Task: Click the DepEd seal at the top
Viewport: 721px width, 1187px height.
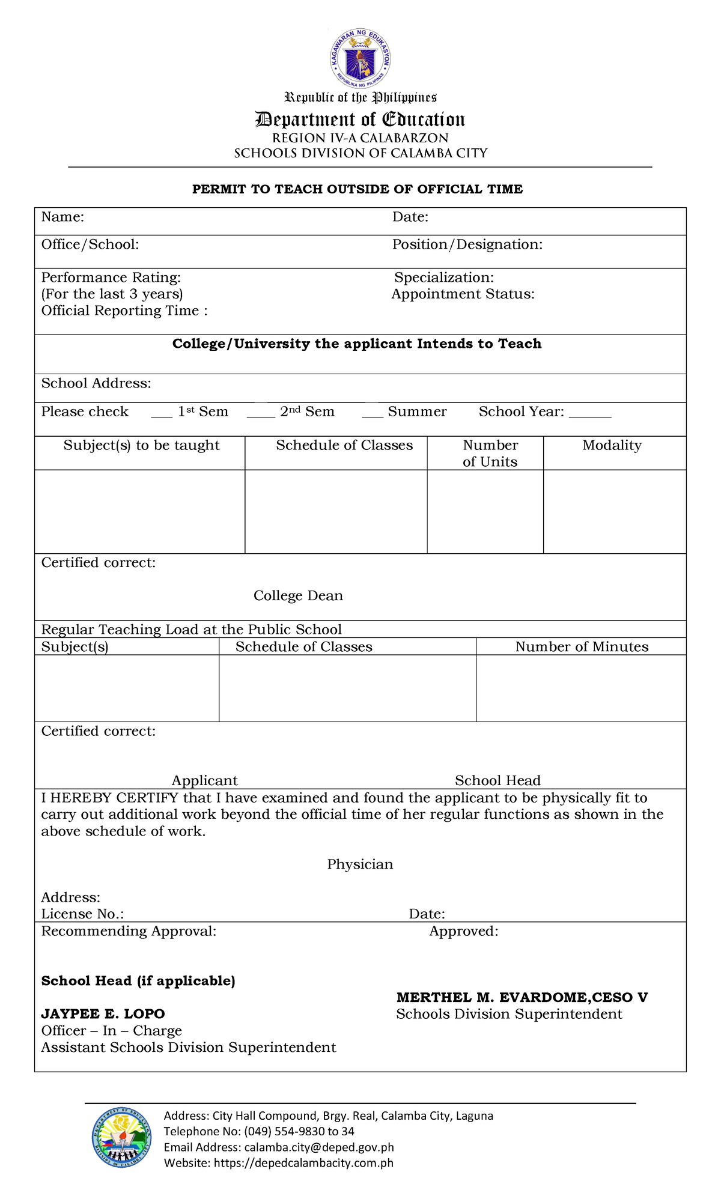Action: coord(360,58)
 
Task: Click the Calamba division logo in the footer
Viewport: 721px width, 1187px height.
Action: coord(121,1137)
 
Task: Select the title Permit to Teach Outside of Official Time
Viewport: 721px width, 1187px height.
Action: coord(357,189)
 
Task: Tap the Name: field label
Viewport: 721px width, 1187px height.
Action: coord(62,217)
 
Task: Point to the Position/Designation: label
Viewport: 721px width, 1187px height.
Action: coord(467,244)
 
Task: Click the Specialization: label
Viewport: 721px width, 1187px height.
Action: coord(444,278)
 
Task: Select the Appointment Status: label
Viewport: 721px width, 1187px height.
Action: coord(463,294)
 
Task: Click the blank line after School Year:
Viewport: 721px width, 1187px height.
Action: coord(589,414)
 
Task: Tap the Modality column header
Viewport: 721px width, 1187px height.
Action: coord(612,446)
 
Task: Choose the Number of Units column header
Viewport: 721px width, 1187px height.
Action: coord(490,454)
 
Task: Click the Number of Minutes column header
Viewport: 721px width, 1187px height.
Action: coord(582,647)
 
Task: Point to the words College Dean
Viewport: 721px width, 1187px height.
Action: coord(298,596)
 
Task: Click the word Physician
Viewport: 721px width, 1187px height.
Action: coord(360,864)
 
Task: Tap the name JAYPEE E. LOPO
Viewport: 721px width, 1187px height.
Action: coord(103,1014)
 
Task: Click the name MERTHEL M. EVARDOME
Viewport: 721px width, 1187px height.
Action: coord(492,998)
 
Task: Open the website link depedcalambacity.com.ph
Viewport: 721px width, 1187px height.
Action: coord(303,1163)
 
